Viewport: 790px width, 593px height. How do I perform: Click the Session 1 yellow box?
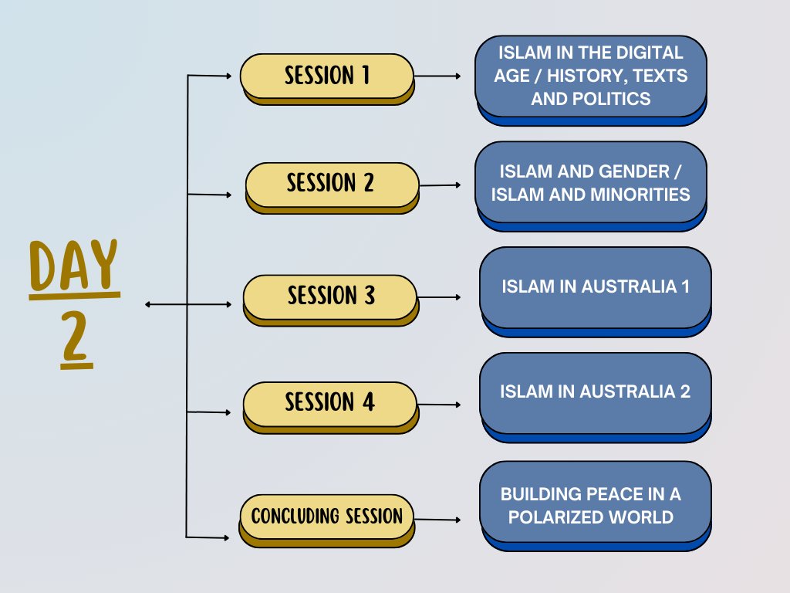[x=327, y=76]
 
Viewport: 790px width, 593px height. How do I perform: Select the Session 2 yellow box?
[x=331, y=184]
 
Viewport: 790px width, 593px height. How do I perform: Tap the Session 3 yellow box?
[x=330, y=296]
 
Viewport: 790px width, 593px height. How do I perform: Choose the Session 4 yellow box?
[x=330, y=403]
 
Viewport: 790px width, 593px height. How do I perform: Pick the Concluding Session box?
[x=327, y=516]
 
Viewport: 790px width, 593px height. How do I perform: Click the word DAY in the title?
[x=74, y=266]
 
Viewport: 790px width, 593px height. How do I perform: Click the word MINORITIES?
[x=637, y=194]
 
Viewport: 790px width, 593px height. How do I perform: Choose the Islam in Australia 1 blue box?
[x=595, y=287]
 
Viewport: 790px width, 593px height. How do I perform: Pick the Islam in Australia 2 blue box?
[x=595, y=392]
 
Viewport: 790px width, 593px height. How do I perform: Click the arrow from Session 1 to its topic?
[x=438, y=76]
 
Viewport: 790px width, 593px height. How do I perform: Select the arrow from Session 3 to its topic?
[x=440, y=296]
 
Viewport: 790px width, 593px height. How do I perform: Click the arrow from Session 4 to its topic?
[x=440, y=404]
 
